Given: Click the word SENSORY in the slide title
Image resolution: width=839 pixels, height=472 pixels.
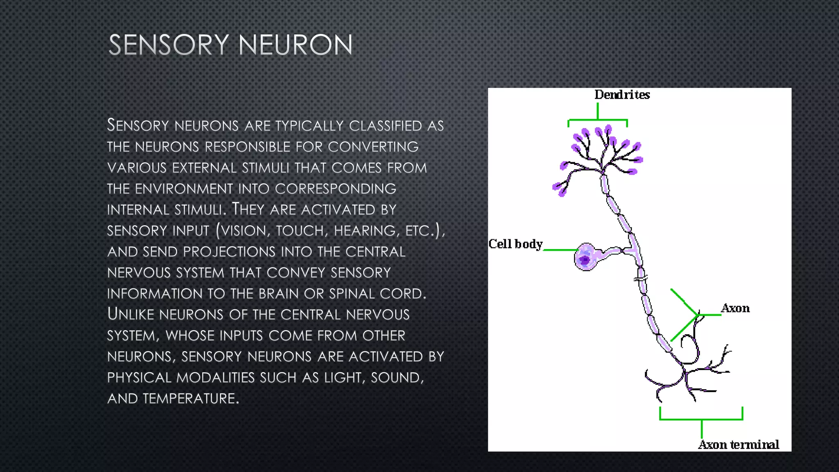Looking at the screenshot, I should [168, 45].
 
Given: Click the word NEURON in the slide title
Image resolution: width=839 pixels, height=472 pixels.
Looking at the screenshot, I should [295, 45].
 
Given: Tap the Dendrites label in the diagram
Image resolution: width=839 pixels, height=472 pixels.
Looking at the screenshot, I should [622, 95].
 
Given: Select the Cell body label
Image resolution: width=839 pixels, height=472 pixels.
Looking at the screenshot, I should [515, 244].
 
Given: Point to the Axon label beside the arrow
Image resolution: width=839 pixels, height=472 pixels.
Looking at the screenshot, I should [735, 308].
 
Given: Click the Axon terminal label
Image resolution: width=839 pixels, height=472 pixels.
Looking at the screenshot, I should [739, 445].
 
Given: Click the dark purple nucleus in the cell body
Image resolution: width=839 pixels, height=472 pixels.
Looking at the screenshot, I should [585, 260].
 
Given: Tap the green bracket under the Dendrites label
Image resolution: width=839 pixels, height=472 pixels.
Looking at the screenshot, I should [598, 120].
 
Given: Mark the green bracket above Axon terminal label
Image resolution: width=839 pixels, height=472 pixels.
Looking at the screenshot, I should [701, 419].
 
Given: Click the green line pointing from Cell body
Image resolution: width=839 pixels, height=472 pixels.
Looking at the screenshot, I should [560, 250].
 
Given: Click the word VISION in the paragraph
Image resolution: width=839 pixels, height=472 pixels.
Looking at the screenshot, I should [243, 231].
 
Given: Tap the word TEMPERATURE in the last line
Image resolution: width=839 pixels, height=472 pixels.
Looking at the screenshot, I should [190, 399].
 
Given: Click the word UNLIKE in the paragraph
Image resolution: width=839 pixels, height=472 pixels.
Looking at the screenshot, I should [131, 314].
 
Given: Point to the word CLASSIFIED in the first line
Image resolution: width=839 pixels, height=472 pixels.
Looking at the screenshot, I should [385, 126].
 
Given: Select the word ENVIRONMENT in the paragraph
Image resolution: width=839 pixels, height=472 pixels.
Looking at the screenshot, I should [184, 189].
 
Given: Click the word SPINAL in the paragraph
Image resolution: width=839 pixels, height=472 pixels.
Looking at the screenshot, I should [352, 294].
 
